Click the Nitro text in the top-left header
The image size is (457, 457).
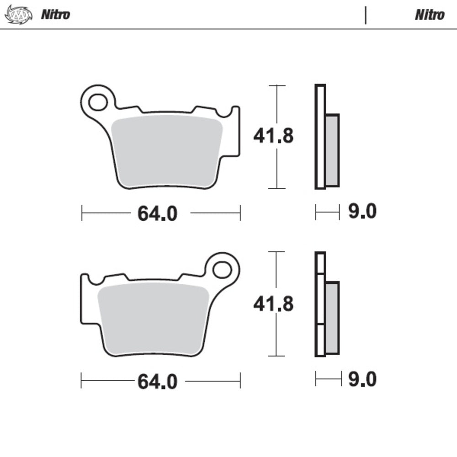coord(55,15)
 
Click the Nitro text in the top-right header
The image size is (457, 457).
coord(429,15)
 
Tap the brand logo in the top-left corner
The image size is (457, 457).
coord(18,15)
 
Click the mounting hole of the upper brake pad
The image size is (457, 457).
coord(98,102)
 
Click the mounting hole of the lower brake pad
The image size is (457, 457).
coord(223,270)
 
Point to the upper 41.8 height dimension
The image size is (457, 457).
coord(273,136)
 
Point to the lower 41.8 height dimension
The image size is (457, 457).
coord(273,304)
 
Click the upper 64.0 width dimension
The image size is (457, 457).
coord(157,213)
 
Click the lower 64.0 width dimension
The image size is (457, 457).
coord(157,381)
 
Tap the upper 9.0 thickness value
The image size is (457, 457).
coord(362,212)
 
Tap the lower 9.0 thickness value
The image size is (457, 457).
coord(362,379)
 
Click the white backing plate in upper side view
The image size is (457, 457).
coord(320,137)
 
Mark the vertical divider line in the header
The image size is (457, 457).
coord(366,15)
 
